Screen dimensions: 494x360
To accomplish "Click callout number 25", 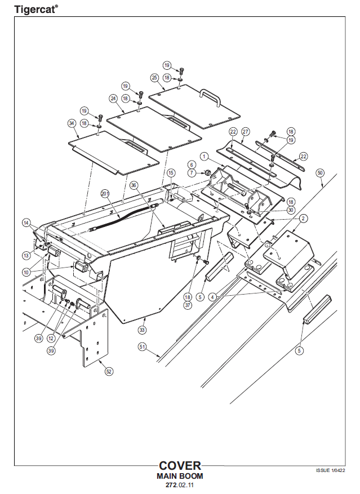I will tap(154, 77).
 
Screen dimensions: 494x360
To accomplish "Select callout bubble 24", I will tap(113, 98).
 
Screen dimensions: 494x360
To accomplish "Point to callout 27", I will tap(245, 131).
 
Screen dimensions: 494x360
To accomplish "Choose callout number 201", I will tap(104, 193).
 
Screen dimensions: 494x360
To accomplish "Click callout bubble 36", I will tap(134, 185).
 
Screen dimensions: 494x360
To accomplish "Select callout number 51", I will tap(142, 347).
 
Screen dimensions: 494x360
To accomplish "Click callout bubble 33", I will tap(142, 330).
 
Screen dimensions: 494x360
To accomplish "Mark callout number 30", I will tap(291, 210).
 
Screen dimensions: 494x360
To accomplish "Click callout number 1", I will tap(204, 155).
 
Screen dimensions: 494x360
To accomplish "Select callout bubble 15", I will tap(171, 172).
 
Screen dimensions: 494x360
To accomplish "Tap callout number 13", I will tap(26, 255).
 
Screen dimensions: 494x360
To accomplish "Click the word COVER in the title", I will tap(180, 466).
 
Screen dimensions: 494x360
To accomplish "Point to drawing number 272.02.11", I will tap(180, 485).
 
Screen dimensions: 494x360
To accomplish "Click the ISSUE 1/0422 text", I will tap(330, 470).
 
